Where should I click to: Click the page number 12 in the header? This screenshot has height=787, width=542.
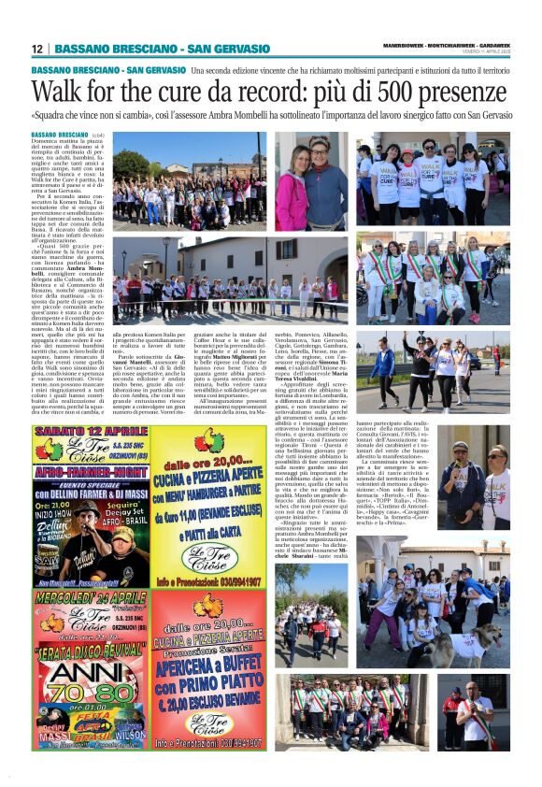36,49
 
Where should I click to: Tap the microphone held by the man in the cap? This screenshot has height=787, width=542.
463,465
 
